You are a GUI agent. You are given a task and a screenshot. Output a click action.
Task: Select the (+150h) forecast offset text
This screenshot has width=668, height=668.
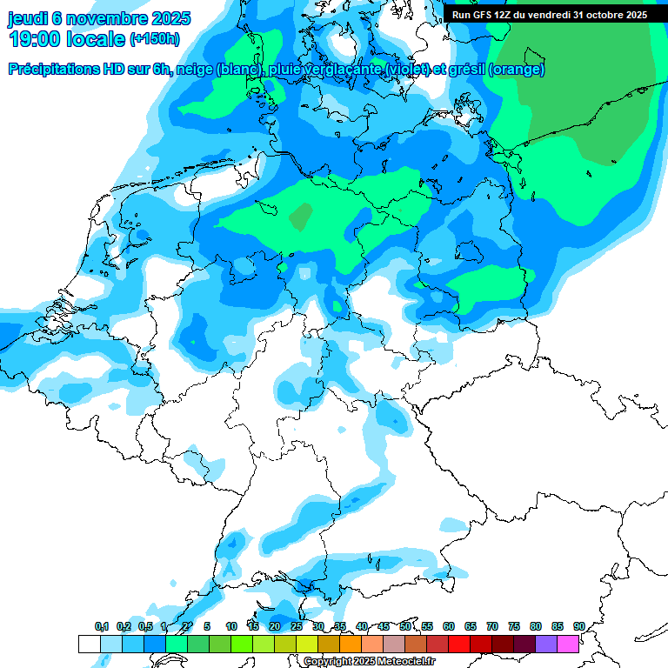click(x=155, y=39)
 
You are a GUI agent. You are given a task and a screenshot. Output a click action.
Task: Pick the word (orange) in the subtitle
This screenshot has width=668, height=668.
click(x=517, y=70)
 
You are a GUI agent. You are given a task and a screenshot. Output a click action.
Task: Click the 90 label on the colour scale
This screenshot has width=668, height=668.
click(x=578, y=627)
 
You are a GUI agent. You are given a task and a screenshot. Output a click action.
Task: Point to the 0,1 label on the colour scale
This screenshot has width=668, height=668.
click(x=102, y=627)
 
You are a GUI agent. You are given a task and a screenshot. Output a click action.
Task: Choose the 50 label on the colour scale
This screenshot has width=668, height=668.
click(x=405, y=627)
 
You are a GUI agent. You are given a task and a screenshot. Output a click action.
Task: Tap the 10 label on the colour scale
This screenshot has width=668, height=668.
click(x=231, y=627)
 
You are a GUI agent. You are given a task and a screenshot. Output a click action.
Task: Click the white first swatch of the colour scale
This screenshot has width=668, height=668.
click(x=89, y=644)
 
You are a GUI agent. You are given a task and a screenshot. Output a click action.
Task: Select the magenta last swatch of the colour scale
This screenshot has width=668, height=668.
click(x=568, y=644)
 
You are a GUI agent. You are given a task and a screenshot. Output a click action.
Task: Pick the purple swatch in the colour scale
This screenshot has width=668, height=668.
click(x=546, y=644)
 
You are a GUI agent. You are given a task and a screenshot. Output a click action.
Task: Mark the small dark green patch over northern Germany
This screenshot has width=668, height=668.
click(x=301, y=216)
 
